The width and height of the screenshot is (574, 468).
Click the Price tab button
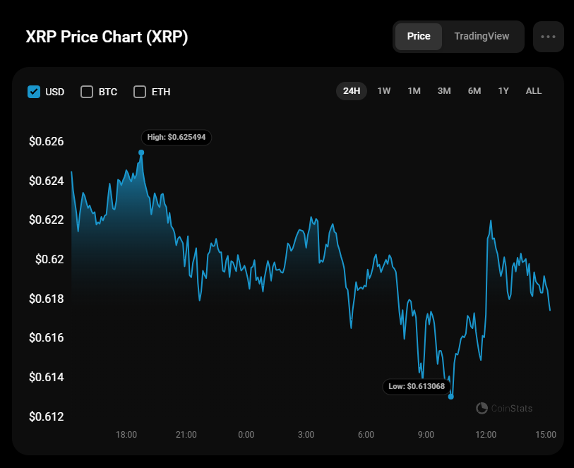click(x=419, y=37)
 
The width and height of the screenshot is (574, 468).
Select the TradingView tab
click(x=482, y=37)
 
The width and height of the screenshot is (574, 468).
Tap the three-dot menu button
click(x=549, y=37)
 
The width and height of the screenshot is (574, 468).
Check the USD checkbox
click(x=34, y=92)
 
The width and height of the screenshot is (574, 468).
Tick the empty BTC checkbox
click(x=87, y=92)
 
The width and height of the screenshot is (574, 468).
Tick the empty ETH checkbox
click(x=140, y=92)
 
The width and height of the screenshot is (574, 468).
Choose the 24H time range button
click(x=352, y=91)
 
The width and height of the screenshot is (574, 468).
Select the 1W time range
click(x=384, y=91)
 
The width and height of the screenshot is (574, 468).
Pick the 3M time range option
click(x=444, y=91)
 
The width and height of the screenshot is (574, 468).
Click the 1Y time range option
click(x=503, y=91)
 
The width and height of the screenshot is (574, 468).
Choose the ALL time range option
click(x=534, y=91)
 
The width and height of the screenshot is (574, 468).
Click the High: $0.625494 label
click(x=177, y=137)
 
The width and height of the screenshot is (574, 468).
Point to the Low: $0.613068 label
click(x=417, y=386)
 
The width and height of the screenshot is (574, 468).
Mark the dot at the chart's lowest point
click(x=451, y=397)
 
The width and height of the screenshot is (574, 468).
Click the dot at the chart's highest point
click(x=141, y=152)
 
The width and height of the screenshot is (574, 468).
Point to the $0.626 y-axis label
click(x=47, y=142)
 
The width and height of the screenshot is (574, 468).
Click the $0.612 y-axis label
click(x=47, y=416)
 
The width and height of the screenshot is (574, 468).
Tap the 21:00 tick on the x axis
click(x=186, y=435)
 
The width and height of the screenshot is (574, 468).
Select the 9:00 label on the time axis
click(x=426, y=435)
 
